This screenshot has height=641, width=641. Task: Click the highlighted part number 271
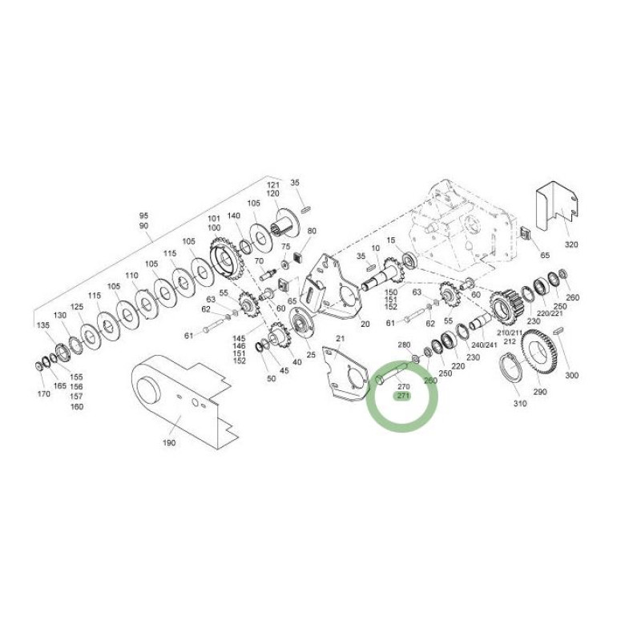coord(403,396)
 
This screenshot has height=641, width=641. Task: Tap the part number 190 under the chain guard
coord(169,443)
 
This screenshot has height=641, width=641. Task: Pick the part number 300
coord(571,375)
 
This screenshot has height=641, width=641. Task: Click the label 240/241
coord(484,345)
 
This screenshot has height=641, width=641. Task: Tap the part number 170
coord(44,393)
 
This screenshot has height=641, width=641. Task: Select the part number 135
coord(43,325)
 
